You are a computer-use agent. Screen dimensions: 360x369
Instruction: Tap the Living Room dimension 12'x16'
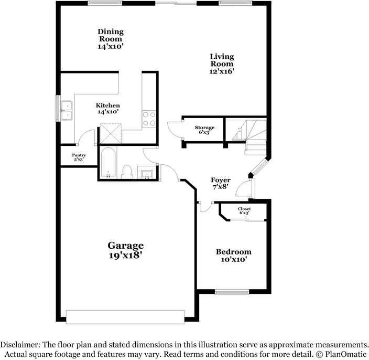[x=222, y=71]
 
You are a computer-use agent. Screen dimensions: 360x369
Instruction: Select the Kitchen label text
[x=107, y=105]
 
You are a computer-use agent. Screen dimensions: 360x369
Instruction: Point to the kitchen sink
[x=67, y=109]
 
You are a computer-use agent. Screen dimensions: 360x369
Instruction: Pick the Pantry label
[x=79, y=155]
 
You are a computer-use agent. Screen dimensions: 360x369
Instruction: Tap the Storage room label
[x=204, y=128]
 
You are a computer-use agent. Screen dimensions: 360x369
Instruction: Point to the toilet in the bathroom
[x=126, y=171]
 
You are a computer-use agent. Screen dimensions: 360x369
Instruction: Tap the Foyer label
[x=221, y=180]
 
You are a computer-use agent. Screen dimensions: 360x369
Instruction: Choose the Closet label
[x=244, y=209]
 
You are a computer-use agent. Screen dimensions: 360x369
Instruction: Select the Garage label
[x=126, y=245]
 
